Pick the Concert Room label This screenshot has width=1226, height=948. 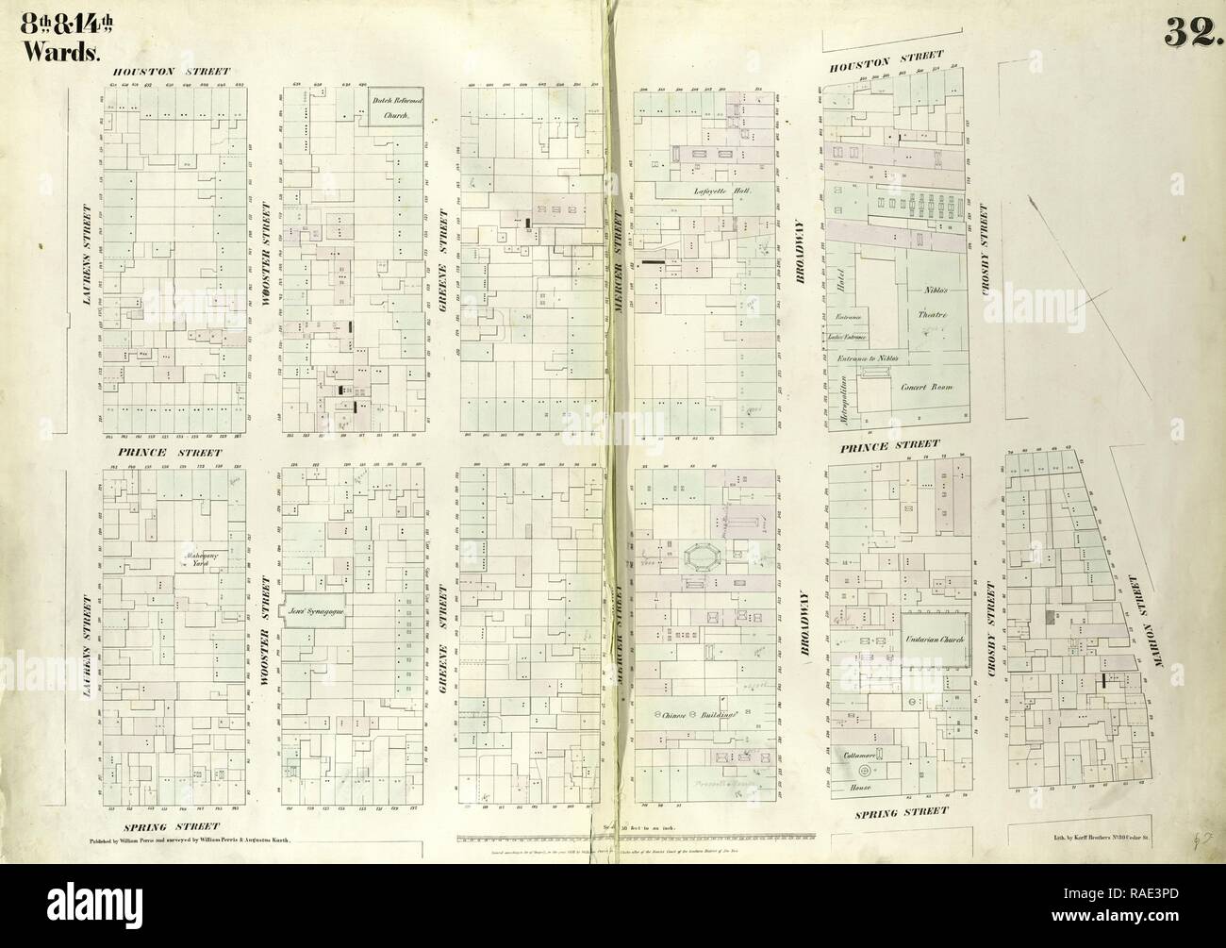[926, 387]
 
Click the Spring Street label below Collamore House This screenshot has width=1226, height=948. [898, 810]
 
